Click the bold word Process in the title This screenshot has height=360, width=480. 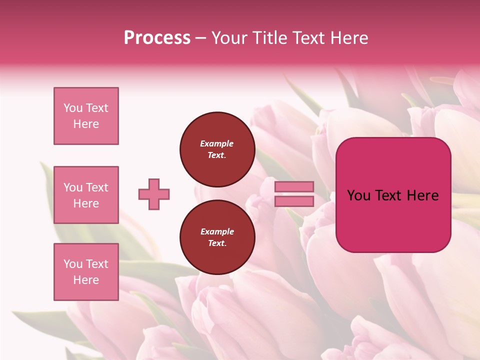[x=157, y=38]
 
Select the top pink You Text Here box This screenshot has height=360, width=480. [x=86, y=116]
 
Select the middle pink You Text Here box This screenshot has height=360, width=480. [x=86, y=195]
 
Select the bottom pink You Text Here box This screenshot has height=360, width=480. [x=86, y=271]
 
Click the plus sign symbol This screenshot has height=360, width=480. [x=154, y=194]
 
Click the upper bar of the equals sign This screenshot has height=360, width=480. [x=294, y=186]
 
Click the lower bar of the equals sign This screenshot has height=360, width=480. [x=294, y=201]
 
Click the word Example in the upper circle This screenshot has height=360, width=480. [x=216, y=143]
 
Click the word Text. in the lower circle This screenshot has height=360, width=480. [x=217, y=243]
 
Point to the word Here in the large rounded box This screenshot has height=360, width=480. [x=422, y=195]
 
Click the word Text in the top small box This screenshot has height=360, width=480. [x=97, y=108]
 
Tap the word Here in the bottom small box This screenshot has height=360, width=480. [x=86, y=280]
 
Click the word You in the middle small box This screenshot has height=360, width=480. [x=72, y=187]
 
